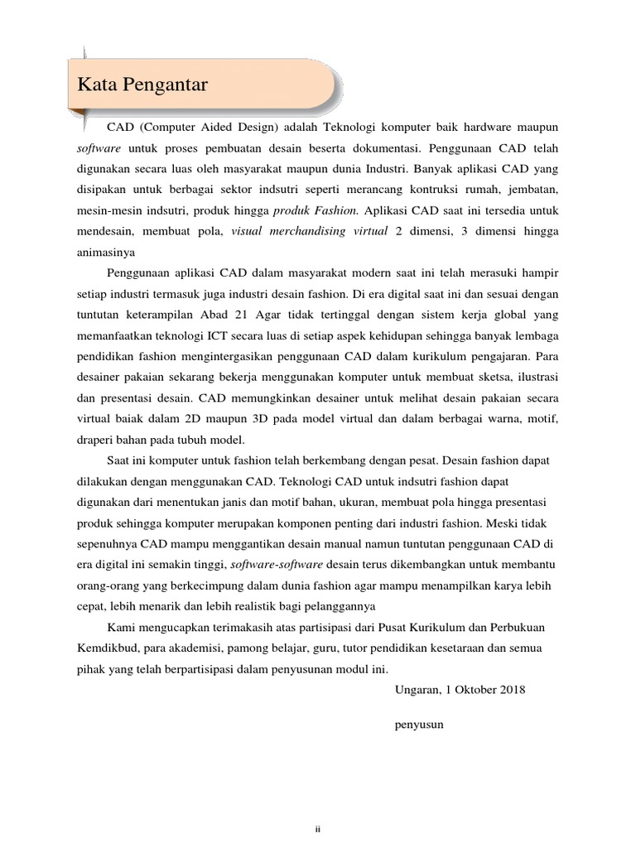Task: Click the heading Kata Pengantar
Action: [142, 84]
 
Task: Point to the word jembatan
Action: [532, 190]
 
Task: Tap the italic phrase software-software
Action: [277, 564]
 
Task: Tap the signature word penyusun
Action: [420, 724]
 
